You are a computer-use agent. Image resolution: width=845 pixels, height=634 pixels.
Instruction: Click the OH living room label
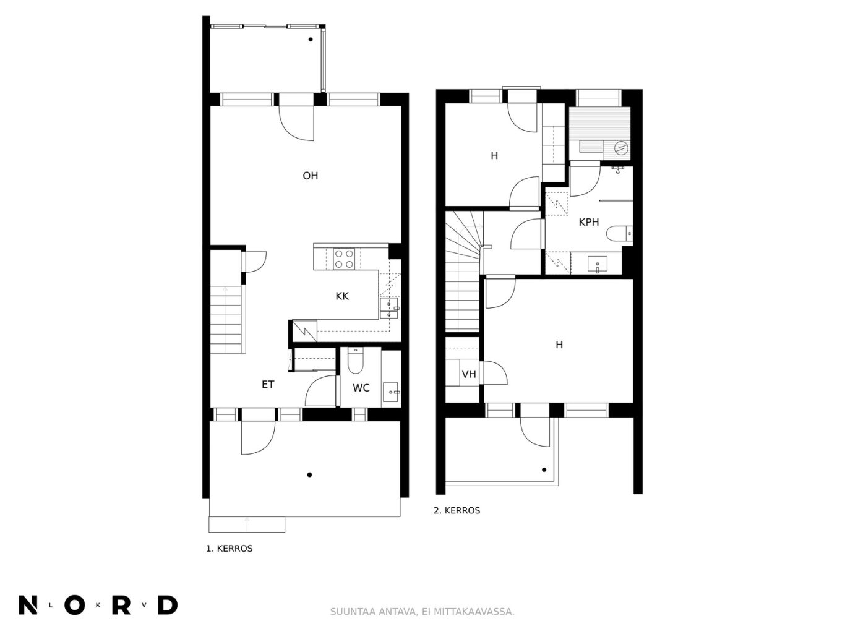click(310, 176)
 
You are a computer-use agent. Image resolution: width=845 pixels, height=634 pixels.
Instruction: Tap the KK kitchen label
click(342, 296)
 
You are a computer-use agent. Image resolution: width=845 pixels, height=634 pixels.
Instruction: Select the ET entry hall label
click(268, 385)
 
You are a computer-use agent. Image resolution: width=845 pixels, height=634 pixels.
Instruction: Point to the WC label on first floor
click(361, 388)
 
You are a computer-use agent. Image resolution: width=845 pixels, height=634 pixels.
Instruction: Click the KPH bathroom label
click(589, 222)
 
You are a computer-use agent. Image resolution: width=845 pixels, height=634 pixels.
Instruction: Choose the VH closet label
click(468, 374)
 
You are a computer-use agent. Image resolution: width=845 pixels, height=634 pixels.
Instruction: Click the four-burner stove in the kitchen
click(344, 259)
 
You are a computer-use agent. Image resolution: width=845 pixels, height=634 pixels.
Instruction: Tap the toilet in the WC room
click(355, 361)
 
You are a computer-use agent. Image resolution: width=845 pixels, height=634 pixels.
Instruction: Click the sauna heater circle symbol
click(621, 148)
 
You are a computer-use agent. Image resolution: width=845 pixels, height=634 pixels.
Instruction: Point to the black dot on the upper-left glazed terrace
click(311, 39)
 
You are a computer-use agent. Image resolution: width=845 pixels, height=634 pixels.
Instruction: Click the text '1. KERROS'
click(229, 549)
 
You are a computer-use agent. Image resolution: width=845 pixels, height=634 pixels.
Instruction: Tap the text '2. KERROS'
click(457, 510)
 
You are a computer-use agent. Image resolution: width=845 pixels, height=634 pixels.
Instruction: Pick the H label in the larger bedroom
click(559, 345)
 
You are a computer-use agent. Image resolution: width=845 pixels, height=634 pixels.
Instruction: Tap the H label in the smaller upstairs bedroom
click(494, 155)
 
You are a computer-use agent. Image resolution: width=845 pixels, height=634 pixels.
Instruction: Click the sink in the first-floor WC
click(391, 392)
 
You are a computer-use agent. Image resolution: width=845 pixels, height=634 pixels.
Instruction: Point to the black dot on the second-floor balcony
click(544, 469)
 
